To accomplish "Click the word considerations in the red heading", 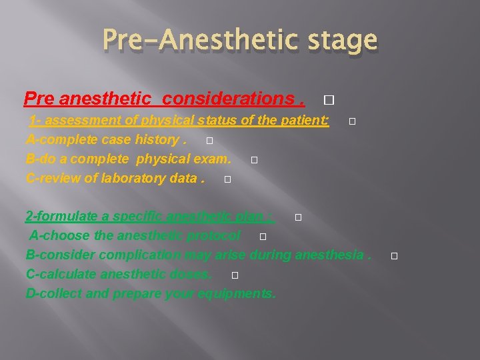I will (227, 99).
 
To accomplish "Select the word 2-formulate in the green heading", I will (61, 217).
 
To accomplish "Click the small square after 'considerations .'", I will (327, 101).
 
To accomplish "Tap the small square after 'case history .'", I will (209, 141).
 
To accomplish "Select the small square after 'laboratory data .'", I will (227, 179).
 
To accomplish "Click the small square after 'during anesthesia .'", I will (394, 256).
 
